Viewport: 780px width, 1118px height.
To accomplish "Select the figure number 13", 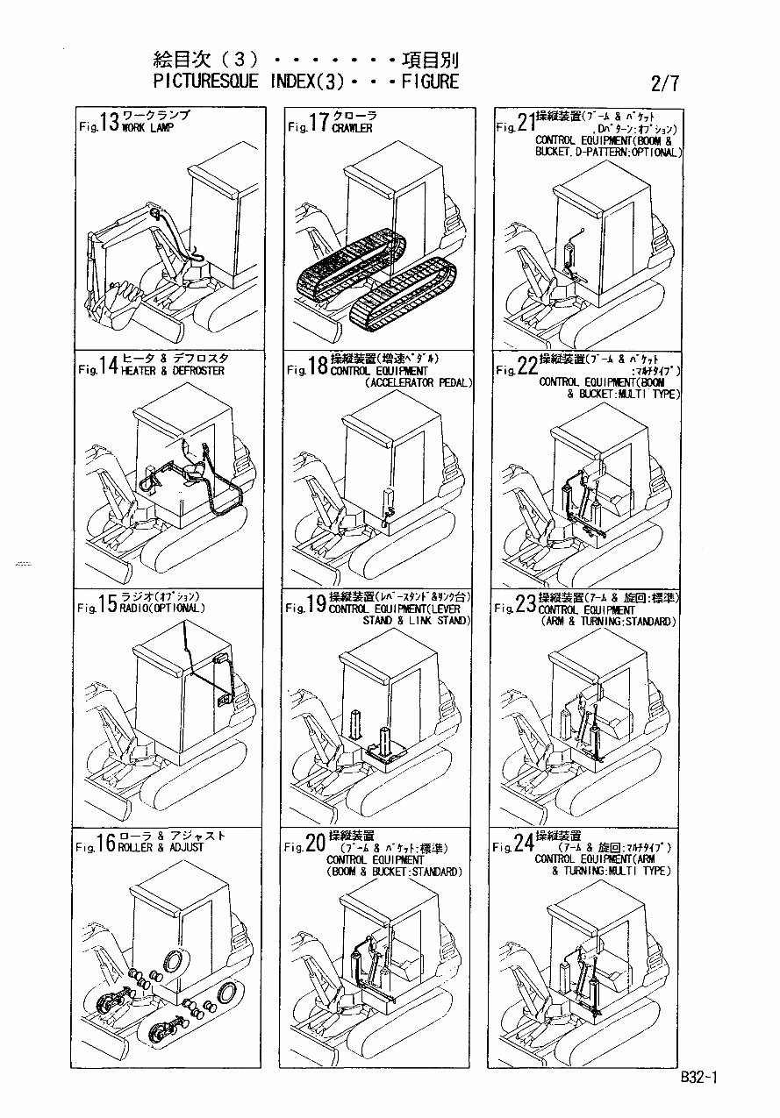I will [x=109, y=123].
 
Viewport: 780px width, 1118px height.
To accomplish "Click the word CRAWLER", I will [x=352, y=128].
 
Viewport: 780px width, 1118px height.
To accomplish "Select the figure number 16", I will [x=106, y=844].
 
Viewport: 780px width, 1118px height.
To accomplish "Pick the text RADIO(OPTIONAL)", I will [x=163, y=608].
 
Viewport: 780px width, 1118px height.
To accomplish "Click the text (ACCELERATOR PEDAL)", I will [x=418, y=383].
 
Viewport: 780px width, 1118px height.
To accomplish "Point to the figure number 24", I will [x=524, y=844].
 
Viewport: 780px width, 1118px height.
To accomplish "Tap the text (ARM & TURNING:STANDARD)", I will [x=609, y=622].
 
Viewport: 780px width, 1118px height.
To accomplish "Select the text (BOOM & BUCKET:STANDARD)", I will [x=394, y=872].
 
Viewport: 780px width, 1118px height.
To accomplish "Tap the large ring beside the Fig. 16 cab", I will [x=173, y=959].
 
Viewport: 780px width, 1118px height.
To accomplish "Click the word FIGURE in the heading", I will [x=430, y=82].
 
